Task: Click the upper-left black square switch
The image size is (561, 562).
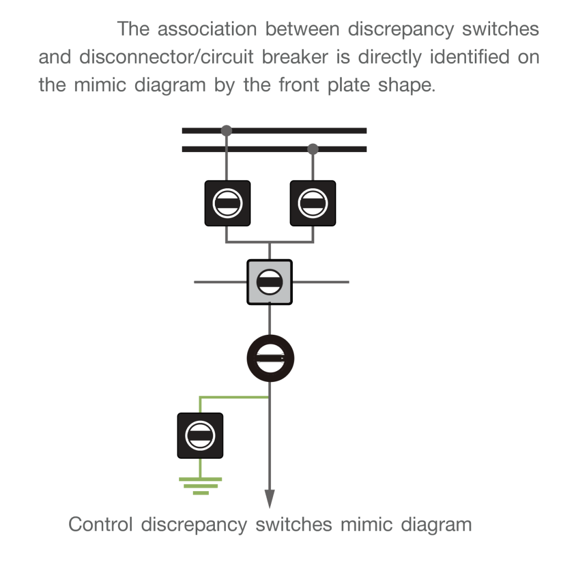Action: [227, 203]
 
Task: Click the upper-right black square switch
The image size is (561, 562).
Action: [313, 203]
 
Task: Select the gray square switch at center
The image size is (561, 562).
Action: [269, 282]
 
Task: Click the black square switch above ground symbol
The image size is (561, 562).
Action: [200, 436]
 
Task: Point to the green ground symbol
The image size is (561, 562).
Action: [201, 486]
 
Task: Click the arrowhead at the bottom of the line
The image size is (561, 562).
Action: [269, 498]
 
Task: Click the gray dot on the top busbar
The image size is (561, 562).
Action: [226, 131]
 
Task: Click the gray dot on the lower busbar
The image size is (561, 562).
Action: [313, 149]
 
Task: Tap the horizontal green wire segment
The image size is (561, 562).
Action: [234, 396]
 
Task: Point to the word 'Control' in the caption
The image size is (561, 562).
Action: [101, 524]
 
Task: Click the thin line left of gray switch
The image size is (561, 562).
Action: [220, 282]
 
